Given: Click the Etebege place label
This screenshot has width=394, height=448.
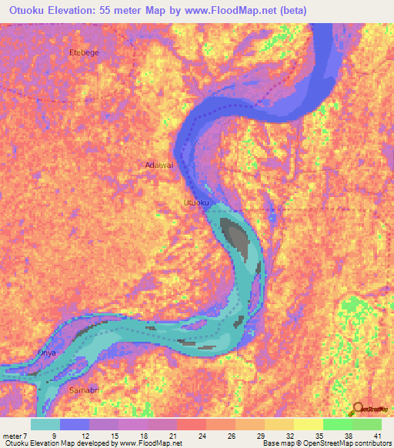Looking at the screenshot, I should click(x=85, y=52).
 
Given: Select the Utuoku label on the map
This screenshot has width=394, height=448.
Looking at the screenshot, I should click(x=195, y=202).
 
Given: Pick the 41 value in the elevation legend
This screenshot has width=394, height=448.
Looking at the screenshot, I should click(x=377, y=436).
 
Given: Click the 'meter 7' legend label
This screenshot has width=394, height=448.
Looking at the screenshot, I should click(x=14, y=436).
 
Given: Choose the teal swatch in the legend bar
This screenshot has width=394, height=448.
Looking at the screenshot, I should click(x=45, y=424).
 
